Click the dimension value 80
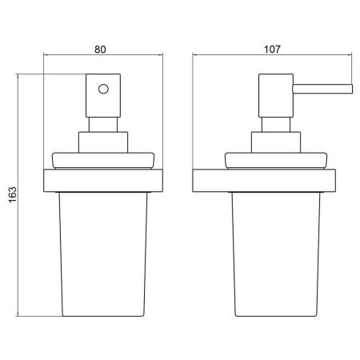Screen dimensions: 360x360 100,50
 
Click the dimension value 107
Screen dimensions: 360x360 272,50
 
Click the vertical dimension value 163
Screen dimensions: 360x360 13,195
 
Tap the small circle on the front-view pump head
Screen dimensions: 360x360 103,89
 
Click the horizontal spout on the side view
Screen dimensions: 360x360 322,89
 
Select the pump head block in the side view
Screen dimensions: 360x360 276,95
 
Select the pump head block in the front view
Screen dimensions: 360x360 103,95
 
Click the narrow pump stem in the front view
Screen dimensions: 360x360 103,125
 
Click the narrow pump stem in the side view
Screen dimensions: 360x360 276,125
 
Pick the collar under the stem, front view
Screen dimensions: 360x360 103,142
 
